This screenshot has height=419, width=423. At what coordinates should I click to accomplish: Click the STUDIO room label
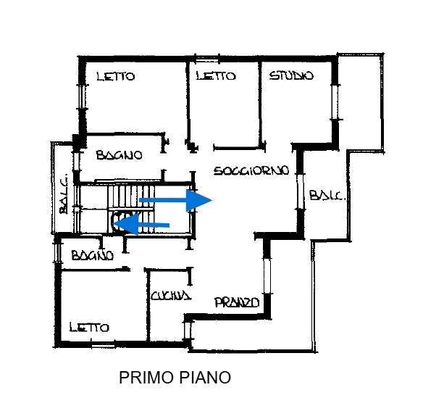click(x=291, y=75)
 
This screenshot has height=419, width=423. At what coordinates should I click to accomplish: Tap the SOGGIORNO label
click(x=251, y=170)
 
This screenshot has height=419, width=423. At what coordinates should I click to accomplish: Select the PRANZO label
click(x=237, y=302)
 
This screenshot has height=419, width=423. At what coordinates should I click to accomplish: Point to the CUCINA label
click(x=171, y=296)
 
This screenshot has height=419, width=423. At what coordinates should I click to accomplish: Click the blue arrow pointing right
click(x=176, y=200)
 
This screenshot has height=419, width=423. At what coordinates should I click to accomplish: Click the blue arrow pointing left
click(x=141, y=224)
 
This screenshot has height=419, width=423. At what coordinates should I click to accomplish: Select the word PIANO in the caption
click(x=205, y=378)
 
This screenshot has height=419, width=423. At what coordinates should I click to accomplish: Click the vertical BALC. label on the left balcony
click(x=64, y=195)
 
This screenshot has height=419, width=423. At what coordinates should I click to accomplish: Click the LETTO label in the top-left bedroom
click(x=116, y=76)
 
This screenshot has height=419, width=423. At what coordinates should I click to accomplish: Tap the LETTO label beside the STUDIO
click(x=216, y=76)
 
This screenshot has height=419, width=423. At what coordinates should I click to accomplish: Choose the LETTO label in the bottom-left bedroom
click(x=89, y=327)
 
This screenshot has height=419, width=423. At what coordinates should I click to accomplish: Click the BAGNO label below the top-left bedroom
click(x=119, y=155)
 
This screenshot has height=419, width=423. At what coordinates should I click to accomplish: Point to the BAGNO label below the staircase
click(x=93, y=255)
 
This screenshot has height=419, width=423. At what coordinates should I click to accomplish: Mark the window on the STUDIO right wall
click(x=335, y=102)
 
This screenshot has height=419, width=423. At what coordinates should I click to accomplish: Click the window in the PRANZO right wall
click(x=267, y=275)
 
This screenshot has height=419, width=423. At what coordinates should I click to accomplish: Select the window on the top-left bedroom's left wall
click(x=82, y=97)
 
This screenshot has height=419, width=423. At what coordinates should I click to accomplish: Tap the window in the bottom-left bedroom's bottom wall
click(x=103, y=344)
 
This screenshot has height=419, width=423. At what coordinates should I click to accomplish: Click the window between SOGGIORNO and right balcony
click(x=301, y=191)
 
